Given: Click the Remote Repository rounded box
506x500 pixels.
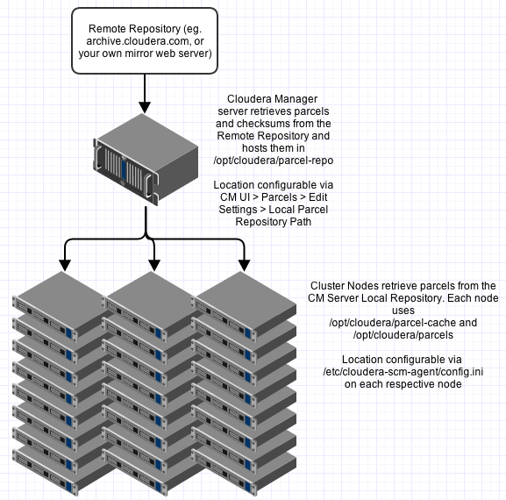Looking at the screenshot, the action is click(145, 40).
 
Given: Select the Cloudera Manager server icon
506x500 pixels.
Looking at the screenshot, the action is click(146, 160).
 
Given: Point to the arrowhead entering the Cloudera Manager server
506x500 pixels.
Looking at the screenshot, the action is click(145, 108).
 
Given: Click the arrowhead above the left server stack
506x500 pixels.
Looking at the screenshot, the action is click(65, 265).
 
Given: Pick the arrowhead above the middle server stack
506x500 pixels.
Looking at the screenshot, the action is click(154, 265).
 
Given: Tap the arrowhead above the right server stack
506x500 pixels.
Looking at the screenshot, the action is click(245, 265).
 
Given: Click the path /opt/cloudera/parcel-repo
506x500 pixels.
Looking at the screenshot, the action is click(274, 161).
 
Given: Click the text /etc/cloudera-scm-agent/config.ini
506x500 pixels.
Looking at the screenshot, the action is click(403, 372).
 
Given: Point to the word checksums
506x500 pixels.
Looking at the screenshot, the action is click(260, 124).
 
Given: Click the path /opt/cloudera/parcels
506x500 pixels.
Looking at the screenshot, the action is click(403, 335).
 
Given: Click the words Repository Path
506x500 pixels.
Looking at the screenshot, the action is click(274, 222).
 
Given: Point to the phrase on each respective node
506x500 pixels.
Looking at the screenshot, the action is click(403, 384).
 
